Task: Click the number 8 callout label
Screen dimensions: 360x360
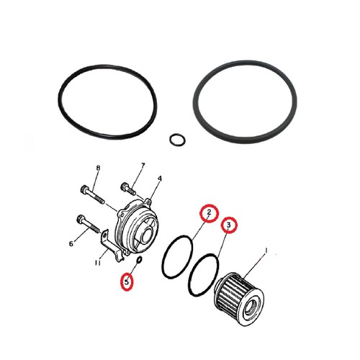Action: click(x=98, y=168)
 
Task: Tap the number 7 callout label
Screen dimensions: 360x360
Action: click(x=143, y=166)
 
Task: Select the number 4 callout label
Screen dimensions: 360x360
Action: click(x=160, y=179)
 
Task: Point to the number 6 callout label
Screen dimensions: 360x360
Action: click(x=71, y=244)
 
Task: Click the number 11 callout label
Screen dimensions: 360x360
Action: click(x=97, y=263)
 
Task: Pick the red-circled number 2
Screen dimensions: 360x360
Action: click(x=210, y=213)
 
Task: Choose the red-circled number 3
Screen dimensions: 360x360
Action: click(x=229, y=225)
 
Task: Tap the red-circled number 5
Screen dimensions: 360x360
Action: click(x=127, y=282)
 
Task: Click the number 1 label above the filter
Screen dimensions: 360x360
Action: click(x=266, y=251)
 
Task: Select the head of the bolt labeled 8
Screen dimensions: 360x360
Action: click(x=84, y=189)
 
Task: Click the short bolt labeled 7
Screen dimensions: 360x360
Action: click(x=128, y=189)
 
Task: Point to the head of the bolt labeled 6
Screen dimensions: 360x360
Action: click(x=81, y=219)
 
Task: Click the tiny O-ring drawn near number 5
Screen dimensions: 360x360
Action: click(x=140, y=259)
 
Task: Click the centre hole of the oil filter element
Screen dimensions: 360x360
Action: click(x=251, y=309)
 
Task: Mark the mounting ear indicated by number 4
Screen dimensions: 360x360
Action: click(x=148, y=201)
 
